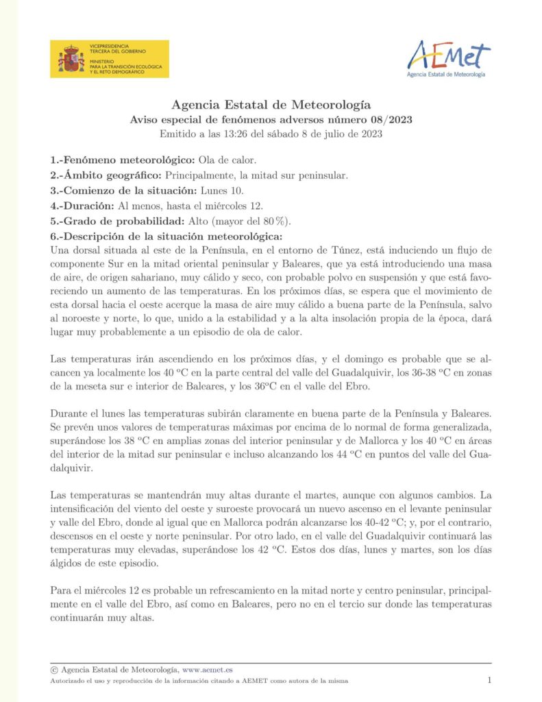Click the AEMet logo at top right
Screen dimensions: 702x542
coord(449,58)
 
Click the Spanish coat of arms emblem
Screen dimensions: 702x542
coord(71,59)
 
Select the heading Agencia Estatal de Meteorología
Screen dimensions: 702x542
coord(271,105)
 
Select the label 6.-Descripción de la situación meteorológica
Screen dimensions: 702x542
coord(165,235)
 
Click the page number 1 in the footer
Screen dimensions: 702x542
coord(489,680)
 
